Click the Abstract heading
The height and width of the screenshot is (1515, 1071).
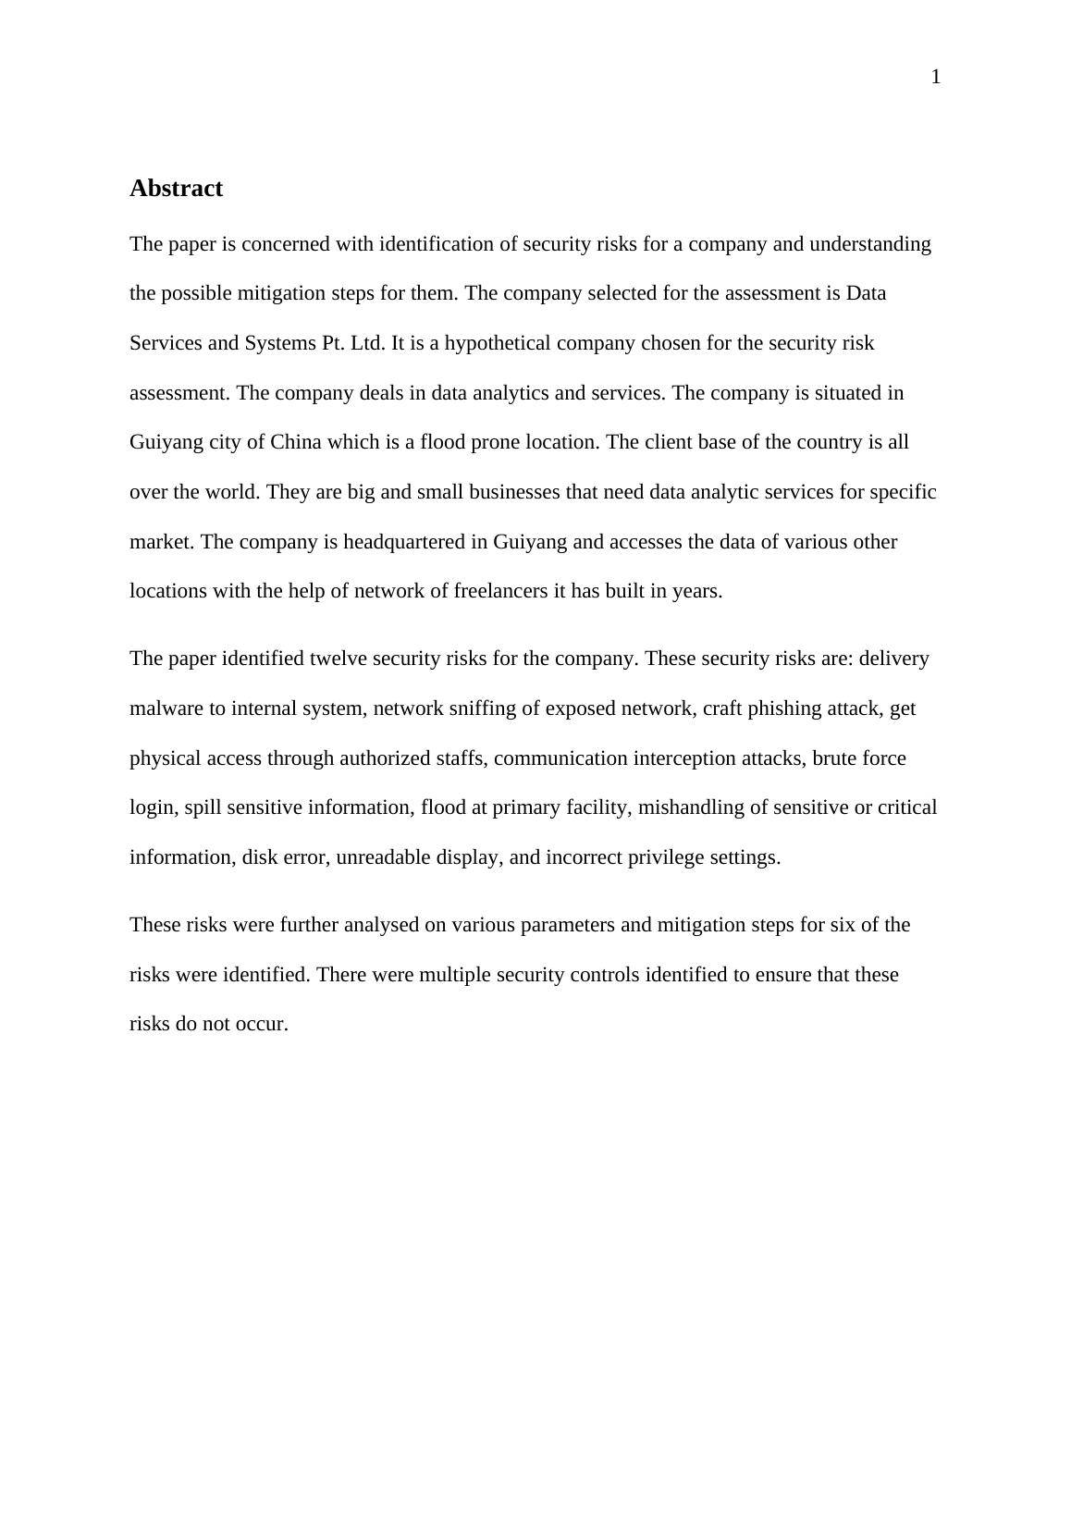click(176, 189)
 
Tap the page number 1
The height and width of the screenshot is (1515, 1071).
click(935, 78)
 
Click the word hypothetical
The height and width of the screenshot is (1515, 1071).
click(498, 343)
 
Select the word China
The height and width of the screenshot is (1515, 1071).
click(295, 442)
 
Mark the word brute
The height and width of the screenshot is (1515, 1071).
click(835, 758)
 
